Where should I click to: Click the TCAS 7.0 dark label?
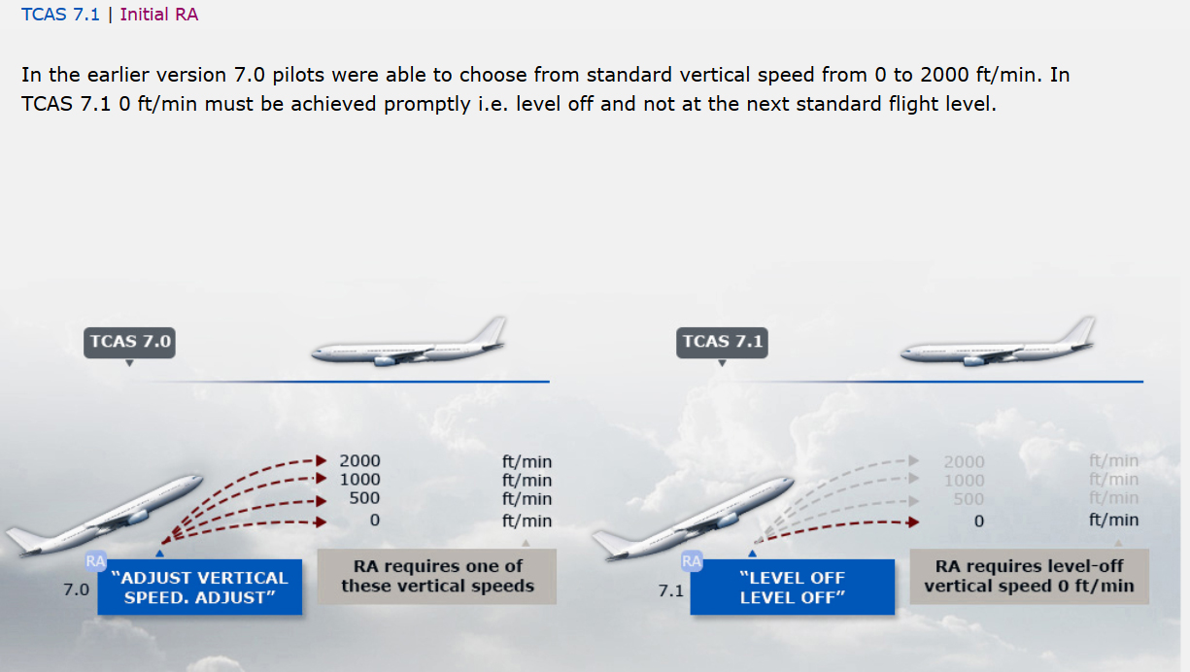[x=129, y=343]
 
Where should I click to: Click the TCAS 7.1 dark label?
[x=722, y=343]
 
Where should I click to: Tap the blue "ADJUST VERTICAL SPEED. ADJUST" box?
[x=200, y=587]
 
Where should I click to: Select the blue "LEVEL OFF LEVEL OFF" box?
[x=792, y=587]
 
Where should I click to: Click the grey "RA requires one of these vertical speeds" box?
[x=437, y=577]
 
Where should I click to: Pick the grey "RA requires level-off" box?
[x=1029, y=577]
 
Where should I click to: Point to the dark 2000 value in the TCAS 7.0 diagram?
[x=359, y=461]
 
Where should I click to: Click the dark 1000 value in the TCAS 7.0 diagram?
[x=359, y=480]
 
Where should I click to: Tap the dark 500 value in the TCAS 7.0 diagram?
[x=364, y=498]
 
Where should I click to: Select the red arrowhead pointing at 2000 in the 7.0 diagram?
[x=321, y=460]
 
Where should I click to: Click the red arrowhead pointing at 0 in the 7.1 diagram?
[x=913, y=522]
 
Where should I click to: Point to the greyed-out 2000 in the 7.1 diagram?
[x=964, y=461]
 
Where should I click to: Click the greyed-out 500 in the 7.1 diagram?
[x=969, y=499]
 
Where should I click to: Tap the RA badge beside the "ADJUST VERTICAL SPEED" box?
[x=95, y=561]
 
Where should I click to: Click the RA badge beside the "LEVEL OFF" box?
[x=692, y=561]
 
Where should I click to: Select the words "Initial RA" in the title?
[x=159, y=15]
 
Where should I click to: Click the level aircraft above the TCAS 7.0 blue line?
[x=409, y=344]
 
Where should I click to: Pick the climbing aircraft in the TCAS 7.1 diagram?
[x=693, y=519]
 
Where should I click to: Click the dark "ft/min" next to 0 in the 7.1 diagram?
[x=1113, y=520]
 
